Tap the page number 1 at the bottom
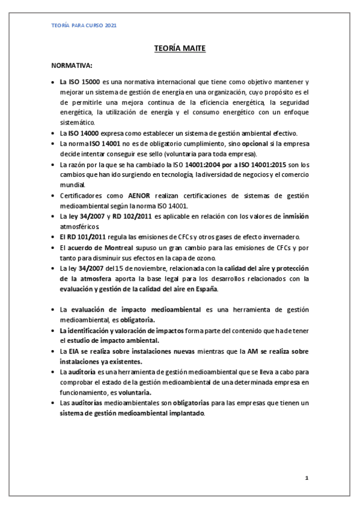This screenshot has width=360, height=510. coord(307,478)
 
